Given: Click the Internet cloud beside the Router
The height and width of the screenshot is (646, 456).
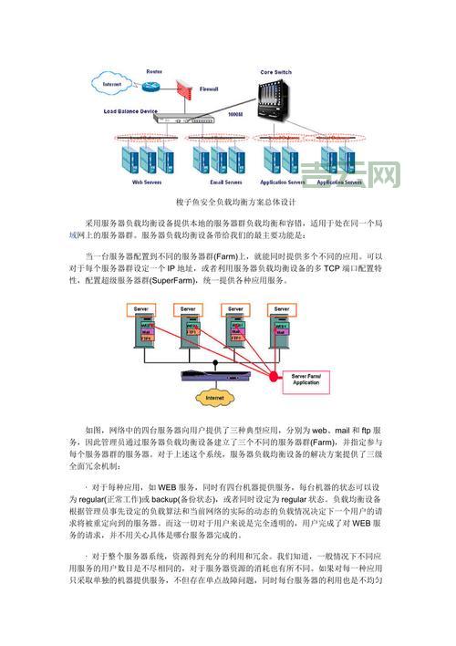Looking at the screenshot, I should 112,85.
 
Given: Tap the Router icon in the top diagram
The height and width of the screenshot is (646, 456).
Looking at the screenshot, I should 155,83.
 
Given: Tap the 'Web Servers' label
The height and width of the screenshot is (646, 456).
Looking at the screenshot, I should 147,182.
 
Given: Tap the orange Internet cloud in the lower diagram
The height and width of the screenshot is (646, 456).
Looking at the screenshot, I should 214,399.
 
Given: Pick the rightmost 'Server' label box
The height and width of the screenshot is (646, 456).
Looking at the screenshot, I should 278,308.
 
